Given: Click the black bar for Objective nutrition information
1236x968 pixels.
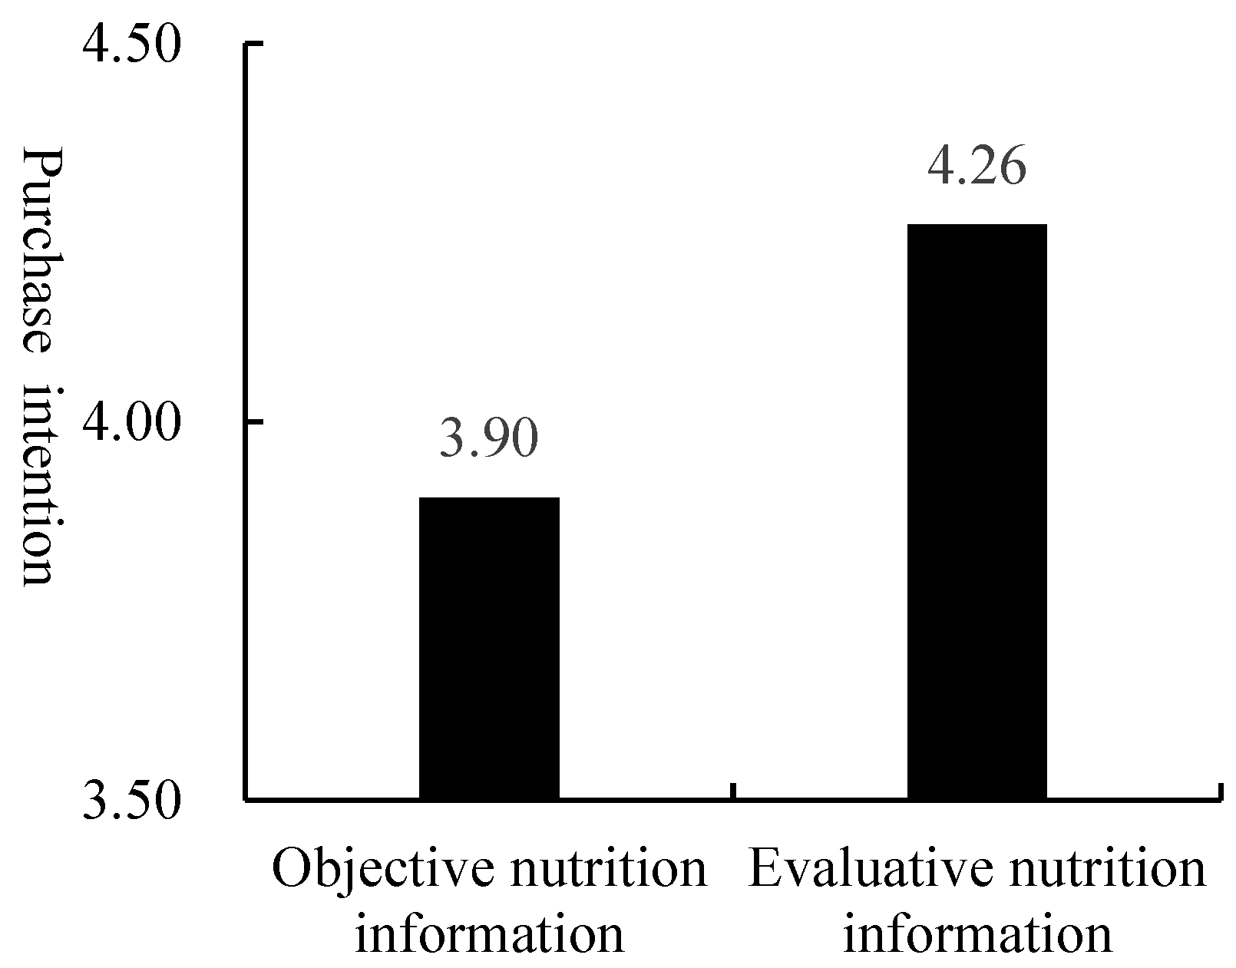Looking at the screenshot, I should (x=489, y=649).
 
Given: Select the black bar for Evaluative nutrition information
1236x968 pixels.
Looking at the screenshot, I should (x=977, y=512).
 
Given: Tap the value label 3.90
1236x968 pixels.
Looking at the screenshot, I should (x=489, y=440).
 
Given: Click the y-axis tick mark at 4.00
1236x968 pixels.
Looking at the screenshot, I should (x=254, y=421).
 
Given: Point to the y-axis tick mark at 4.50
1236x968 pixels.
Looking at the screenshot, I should (x=254, y=45).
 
